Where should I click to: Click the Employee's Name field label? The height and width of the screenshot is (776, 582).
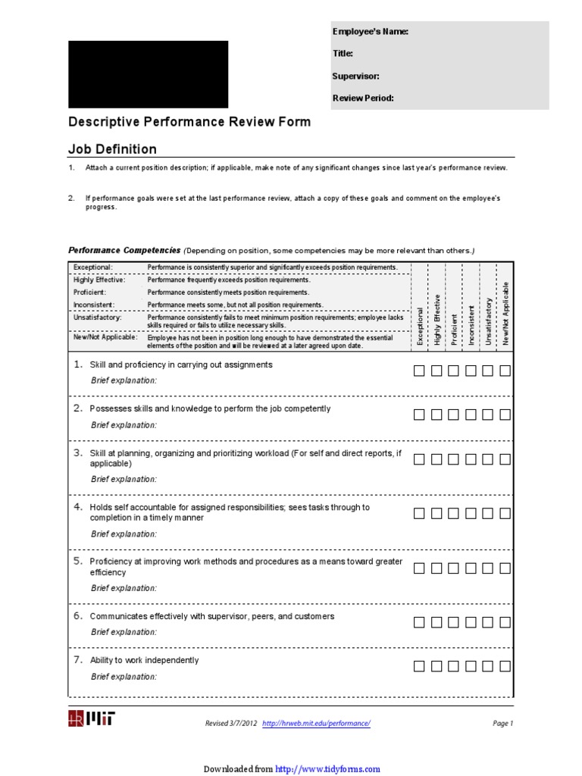371,32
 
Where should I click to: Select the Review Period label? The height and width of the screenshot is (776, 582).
363,98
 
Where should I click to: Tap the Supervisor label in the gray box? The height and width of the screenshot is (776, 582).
356,76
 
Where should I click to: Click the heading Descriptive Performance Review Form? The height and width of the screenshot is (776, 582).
189,122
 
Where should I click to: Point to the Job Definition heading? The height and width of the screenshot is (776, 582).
113,149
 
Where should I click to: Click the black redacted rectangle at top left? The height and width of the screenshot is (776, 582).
148,74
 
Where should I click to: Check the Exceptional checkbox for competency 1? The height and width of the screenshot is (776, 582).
419,371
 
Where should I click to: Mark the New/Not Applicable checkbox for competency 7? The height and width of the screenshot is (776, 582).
505,666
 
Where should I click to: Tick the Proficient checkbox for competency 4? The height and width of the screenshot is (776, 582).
453,513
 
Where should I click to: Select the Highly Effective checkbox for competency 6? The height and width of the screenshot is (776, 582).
436,622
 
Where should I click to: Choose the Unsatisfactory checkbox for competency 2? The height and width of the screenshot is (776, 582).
488,415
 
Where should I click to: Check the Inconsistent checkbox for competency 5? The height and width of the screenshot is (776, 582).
471,568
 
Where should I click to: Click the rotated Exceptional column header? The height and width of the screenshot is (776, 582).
421,326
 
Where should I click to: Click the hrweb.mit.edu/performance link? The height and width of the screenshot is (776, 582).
316,724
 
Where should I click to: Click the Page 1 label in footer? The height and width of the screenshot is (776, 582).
502,724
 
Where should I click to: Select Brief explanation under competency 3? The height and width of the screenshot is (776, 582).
124,479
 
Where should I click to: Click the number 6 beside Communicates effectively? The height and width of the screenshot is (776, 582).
77,616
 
